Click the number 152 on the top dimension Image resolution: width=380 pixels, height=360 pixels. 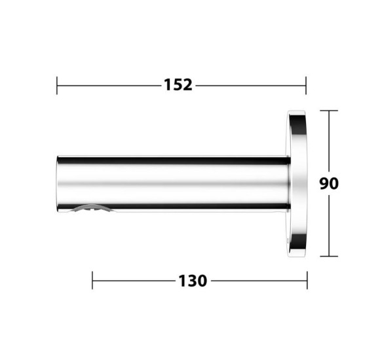(x=178, y=85)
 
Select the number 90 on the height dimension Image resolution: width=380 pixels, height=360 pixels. (x=328, y=183)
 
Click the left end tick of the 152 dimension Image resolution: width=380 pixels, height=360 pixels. (x=58, y=85)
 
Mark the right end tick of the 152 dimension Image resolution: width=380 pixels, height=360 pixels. (x=305, y=85)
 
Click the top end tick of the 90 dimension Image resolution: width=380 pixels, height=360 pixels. (x=329, y=111)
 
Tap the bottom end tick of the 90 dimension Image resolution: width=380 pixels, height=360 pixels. (x=329, y=256)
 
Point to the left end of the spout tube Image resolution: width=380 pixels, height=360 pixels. (x=59, y=185)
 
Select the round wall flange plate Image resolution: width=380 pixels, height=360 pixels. (x=297, y=183)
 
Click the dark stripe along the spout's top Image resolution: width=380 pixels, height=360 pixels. (x=174, y=160)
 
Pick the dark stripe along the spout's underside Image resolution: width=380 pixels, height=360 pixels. (x=197, y=208)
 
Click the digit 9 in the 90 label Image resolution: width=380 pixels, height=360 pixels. (x=324, y=183)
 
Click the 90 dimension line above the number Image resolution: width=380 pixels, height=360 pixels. (x=329, y=141)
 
